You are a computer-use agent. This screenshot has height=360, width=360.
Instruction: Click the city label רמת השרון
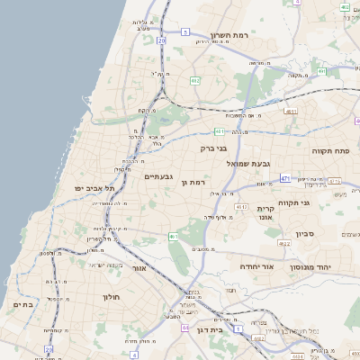(229, 35)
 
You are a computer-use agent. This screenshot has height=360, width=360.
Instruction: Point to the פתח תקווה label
(329, 151)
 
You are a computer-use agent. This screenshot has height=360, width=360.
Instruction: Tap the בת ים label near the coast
(23, 305)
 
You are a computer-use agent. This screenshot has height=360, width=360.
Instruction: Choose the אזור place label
(139, 268)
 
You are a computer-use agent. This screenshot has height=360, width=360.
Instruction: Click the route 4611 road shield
(290, 112)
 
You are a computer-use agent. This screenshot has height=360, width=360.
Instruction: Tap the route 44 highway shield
(185, 328)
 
